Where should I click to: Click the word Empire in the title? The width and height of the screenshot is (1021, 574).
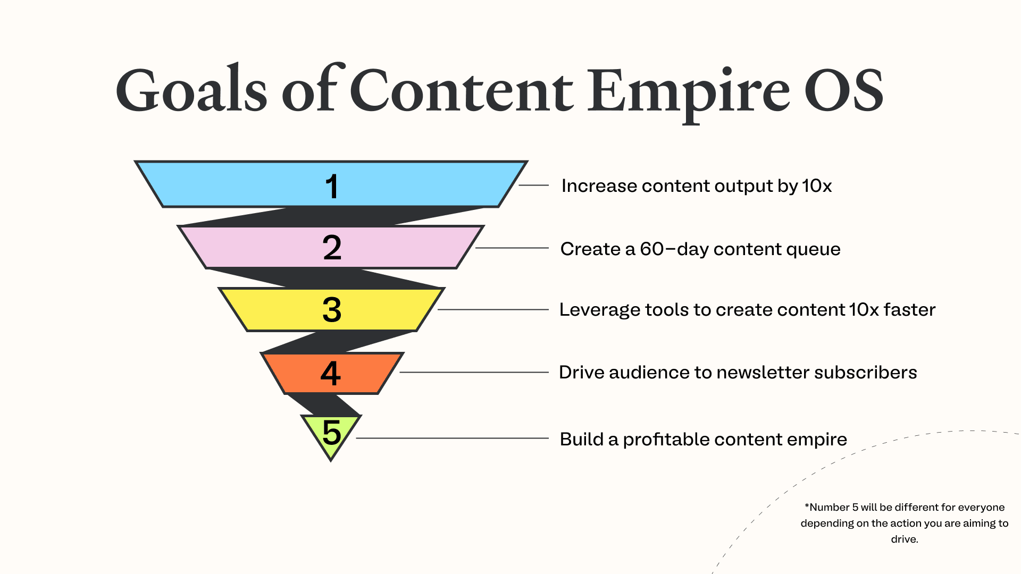tap(689, 94)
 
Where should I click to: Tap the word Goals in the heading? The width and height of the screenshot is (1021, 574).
tap(191, 88)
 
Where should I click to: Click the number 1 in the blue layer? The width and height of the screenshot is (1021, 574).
tap(332, 187)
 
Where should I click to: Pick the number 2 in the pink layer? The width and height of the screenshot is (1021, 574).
tap(332, 248)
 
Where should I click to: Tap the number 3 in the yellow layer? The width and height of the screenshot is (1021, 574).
tap(332, 310)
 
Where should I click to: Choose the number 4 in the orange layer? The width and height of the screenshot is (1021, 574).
tap(330, 373)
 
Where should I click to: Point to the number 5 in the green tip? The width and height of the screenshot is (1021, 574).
tap(331, 432)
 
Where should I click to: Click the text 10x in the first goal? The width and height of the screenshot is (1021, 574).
tap(817, 186)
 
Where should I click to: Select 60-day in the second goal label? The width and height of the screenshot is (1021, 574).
tap(674, 249)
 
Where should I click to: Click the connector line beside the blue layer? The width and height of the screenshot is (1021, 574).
tap(533, 185)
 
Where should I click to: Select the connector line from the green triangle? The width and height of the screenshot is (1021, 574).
tap(452, 438)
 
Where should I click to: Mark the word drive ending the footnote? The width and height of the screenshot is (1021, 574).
tap(904, 539)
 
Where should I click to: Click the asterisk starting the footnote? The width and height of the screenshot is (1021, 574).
tap(807, 505)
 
